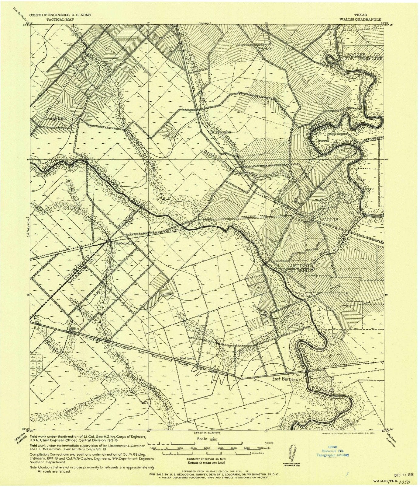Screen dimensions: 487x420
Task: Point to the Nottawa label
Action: (x=187, y=358)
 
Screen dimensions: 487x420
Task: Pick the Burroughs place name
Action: (x=221, y=132)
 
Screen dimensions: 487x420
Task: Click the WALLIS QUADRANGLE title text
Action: (x=360, y=19)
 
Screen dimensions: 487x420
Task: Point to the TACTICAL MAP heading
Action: (x=60, y=19)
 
